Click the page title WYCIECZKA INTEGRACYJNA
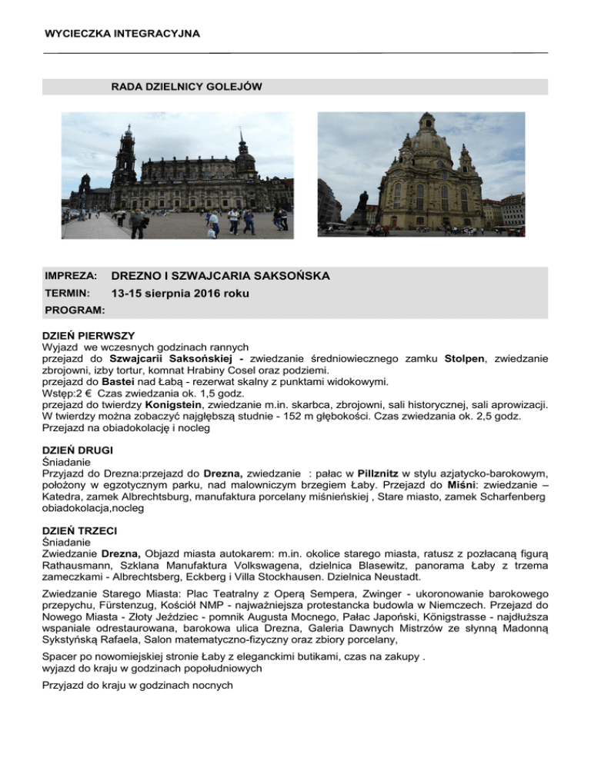coord(122,34)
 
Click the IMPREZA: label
coord(70,275)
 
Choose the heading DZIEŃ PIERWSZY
coord(88,336)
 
